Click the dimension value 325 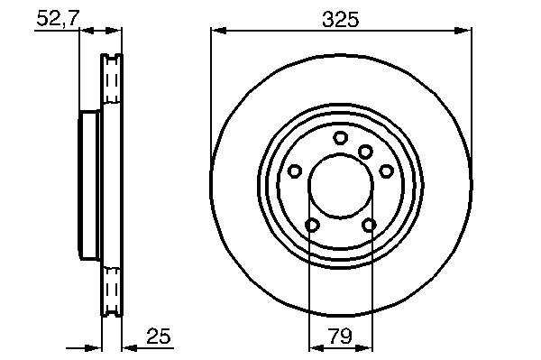(341, 19)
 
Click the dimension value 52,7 (58, 18)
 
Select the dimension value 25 (159, 337)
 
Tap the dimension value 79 (340, 336)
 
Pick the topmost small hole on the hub (340, 138)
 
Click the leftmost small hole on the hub (295, 171)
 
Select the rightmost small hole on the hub (387, 171)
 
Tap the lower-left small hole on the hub (312, 226)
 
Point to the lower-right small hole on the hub (369, 226)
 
